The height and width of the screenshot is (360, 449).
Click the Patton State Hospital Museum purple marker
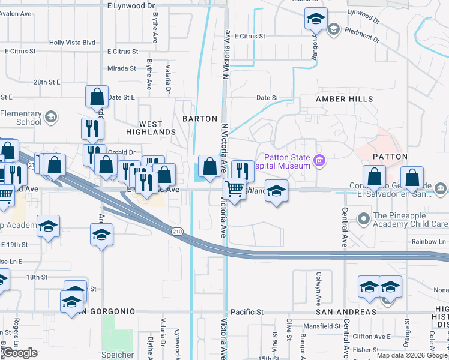pyautogui.click(x=319, y=161)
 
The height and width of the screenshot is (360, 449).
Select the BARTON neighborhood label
pyautogui.click(x=200, y=119)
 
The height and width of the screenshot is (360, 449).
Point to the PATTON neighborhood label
pyautogui.click(x=390, y=156)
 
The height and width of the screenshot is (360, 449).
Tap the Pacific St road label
pyautogui.click(x=247, y=312)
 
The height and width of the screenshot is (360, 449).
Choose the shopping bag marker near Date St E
pyautogui.click(x=97, y=96)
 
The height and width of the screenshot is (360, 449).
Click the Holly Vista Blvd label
pyautogui.click(x=73, y=43)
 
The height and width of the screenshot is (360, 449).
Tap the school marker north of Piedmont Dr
pyautogui.click(x=315, y=20)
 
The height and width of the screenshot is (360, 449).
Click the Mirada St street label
pyautogui.click(x=122, y=68)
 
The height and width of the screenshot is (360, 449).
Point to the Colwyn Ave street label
pyautogui.click(x=319, y=287)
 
